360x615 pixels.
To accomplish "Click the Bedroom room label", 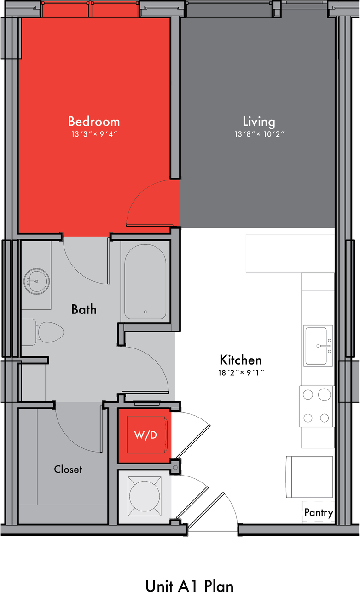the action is (94, 122).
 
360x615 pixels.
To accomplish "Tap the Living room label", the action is (259, 122).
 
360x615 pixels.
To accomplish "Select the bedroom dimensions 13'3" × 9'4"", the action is (94, 134).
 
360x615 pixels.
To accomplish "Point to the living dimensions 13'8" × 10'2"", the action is (259, 134).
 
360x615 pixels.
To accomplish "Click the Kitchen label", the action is (241, 360).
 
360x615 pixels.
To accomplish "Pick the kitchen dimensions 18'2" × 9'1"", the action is (241, 373).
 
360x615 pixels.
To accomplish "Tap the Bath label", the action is (84, 309).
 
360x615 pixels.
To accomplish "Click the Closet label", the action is (68, 469).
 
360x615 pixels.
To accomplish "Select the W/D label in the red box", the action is (145, 435).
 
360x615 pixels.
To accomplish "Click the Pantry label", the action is (319, 513).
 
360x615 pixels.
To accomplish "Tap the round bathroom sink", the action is (36, 281).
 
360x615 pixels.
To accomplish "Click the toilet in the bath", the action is (42, 332).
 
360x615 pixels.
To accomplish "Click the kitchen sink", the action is (318, 346).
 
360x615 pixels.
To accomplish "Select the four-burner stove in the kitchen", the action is (317, 406).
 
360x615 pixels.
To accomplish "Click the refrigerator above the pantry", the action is (309, 477).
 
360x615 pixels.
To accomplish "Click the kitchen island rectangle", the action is (290, 253).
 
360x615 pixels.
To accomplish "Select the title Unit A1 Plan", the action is (190, 586).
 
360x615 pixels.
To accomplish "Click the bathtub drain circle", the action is (145, 312).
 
